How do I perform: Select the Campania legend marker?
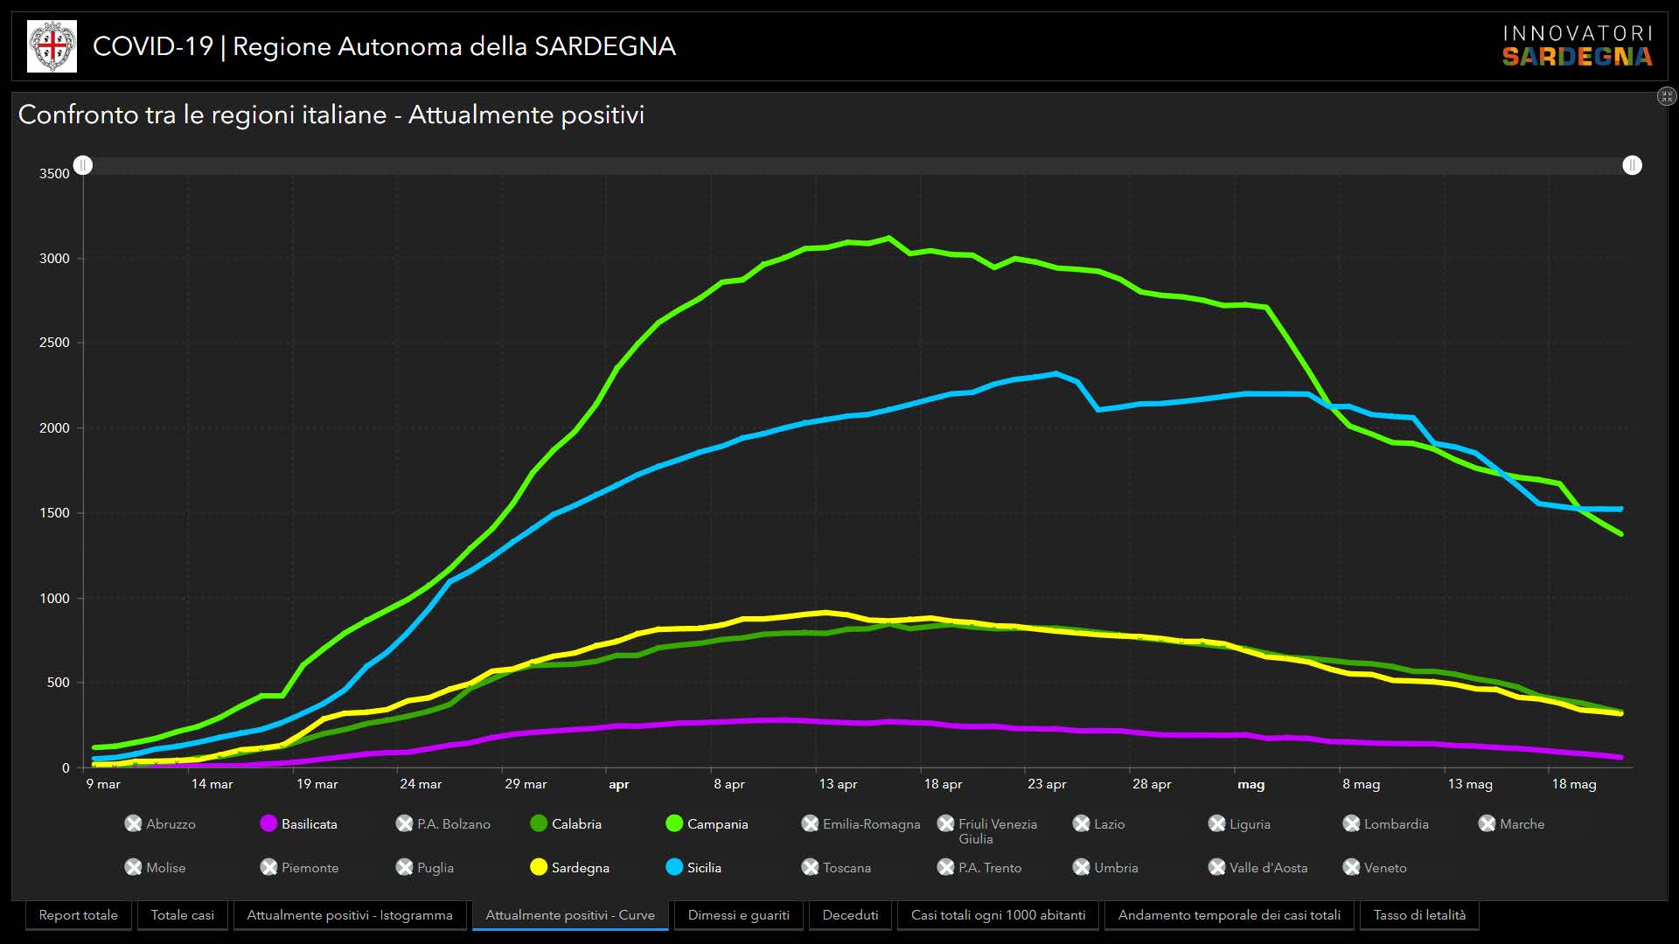pos(674,823)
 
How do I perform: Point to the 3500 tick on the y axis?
pos(54,174)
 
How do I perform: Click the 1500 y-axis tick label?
pos(54,513)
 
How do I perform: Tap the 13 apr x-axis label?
pos(838,784)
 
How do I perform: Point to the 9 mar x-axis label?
pos(103,784)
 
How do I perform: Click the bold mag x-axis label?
pos(1251,784)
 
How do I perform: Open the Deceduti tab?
pos(850,915)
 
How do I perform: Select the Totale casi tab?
pos(182,915)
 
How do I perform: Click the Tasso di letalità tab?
pos(1419,915)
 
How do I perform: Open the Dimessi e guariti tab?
pos(738,915)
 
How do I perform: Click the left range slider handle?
pos(83,165)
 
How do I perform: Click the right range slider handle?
pos(1632,165)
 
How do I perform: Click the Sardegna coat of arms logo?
pos(52,46)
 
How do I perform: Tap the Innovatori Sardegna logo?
pos(1578,46)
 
